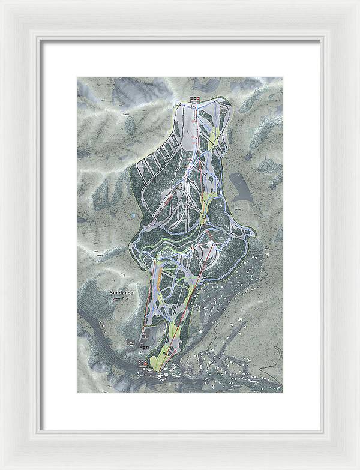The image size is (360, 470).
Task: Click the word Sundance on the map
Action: pos(122,292)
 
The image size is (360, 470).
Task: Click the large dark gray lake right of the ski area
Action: pos(242,191)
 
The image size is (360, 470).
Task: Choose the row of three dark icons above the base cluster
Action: pos(144,348)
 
